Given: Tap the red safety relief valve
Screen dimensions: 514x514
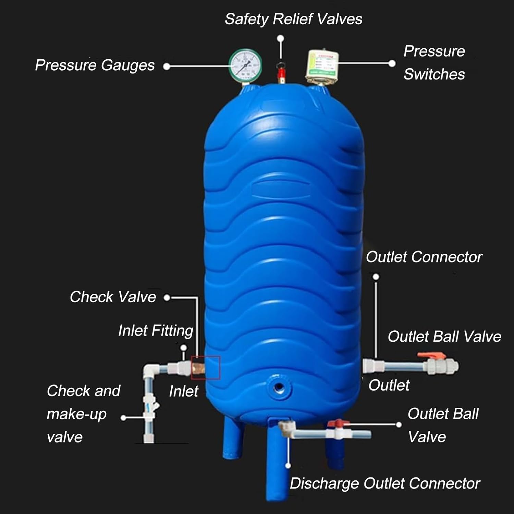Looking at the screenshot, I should click(x=281, y=73).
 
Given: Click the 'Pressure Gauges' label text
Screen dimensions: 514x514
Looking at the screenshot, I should click(x=95, y=65).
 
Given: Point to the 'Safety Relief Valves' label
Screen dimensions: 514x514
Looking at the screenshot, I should click(x=293, y=19).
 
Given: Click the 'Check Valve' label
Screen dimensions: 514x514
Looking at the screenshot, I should click(x=113, y=297).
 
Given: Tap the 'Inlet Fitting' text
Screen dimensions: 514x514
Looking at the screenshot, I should click(x=156, y=331).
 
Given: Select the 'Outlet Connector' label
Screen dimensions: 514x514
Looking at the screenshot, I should click(x=424, y=257).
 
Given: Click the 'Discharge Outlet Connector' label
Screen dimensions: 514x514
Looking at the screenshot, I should click(x=385, y=484).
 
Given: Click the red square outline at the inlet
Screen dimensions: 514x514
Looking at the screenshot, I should click(x=206, y=368).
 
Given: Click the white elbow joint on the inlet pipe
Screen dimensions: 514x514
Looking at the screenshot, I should click(x=151, y=371).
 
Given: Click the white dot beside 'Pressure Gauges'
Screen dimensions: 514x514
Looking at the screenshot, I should click(x=167, y=66).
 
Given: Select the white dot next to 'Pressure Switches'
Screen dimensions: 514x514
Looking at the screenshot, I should click(x=392, y=63).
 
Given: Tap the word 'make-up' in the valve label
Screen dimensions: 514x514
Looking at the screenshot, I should click(x=76, y=414).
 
